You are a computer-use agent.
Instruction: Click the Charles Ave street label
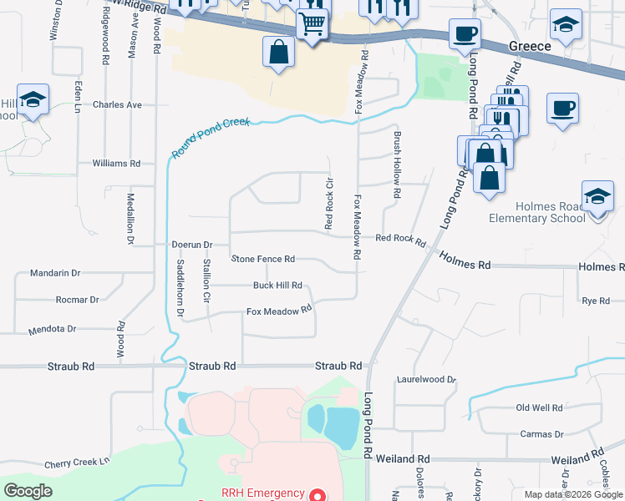pyautogui.click(x=118, y=105)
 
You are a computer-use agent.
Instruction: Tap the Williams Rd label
pyautogui.click(x=117, y=164)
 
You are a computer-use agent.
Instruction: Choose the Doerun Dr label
pyautogui.click(x=193, y=245)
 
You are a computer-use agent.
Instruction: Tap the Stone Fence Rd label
pyautogui.click(x=263, y=259)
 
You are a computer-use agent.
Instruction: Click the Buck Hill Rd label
pyautogui.click(x=277, y=285)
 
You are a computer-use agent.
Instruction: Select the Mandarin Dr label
pyautogui.click(x=54, y=273)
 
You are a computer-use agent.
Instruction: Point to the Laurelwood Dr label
pyautogui.click(x=426, y=378)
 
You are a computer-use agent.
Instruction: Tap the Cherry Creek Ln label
pyautogui.click(x=77, y=463)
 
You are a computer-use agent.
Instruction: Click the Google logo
pyautogui.click(x=28, y=491)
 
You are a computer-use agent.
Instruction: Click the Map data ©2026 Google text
pyautogui.click(x=572, y=494)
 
